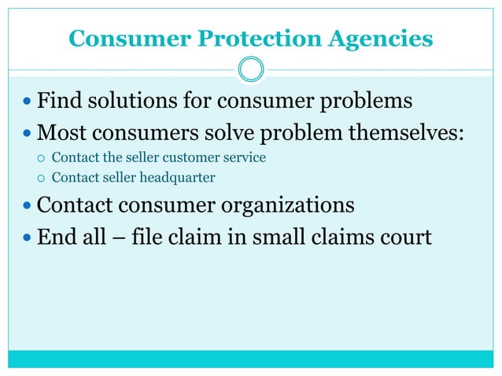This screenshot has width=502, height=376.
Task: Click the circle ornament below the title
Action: (x=251, y=70)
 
